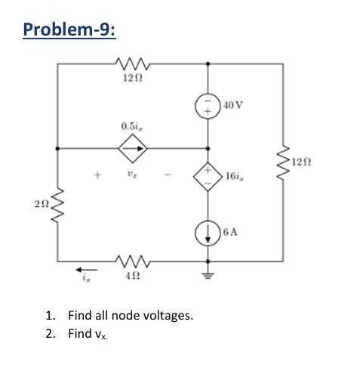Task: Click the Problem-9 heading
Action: tap(70, 29)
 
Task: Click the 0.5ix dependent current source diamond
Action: tap(132, 147)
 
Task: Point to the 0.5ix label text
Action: tap(132, 125)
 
